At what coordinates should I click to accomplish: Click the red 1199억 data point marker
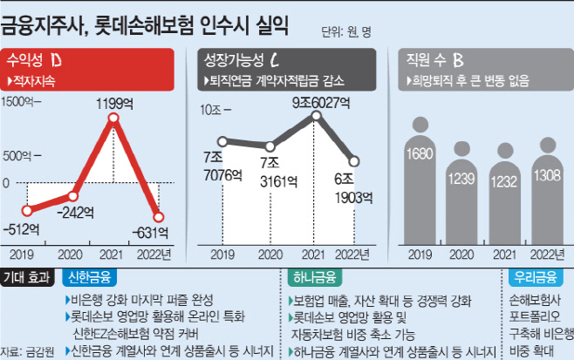click(x=113, y=118)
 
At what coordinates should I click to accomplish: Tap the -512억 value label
click(x=21, y=229)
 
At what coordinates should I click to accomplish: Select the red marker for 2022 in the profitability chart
click(x=159, y=217)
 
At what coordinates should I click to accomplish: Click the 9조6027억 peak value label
click(x=321, y=103)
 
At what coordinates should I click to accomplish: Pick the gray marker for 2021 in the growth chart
click(x=317, y=116)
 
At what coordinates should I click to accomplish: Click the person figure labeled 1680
click(x=420, y=180)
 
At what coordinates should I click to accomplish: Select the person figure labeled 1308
click(x=548, y=191)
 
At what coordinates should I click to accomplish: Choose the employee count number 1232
click(x=504, y=182)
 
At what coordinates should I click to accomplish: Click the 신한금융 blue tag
click(x=90, y=278)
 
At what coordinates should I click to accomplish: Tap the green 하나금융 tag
click(x=315, y=278)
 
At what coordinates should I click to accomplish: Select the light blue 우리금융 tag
click(x=536, y=278)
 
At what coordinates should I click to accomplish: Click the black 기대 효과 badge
click(x=27, y=278)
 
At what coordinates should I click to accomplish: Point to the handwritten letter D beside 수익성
click(x=56, y=60)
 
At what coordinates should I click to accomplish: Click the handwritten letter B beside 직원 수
click(x=458, y=60)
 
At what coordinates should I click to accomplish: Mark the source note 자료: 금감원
click(x=27, y=352)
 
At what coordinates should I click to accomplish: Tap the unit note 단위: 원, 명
click(x=346, y=32)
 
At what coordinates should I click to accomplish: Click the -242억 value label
click(x=75, y=213)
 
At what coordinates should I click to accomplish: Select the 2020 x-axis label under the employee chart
click(x=461, y=255)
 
